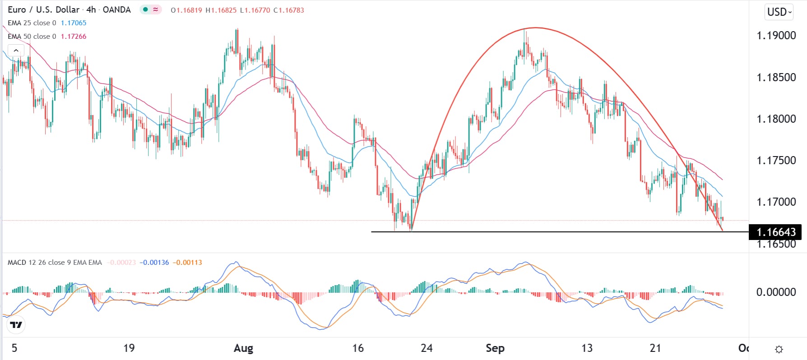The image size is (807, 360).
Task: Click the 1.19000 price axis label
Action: pos(776,36)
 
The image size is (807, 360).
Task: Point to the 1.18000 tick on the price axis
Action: pos(776,119)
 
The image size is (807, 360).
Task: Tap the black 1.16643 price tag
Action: pos(775,232)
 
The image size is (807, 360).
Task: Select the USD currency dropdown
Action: pos(779,12)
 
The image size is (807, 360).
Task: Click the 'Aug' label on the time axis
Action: pos(243,348)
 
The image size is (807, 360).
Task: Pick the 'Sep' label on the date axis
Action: pos(495,348)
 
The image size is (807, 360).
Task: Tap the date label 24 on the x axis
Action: pos(427,348)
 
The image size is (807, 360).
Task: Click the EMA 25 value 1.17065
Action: pos(74,23)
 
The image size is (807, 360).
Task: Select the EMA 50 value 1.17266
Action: pos(74,37)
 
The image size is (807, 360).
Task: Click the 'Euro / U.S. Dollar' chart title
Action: pos(43,10)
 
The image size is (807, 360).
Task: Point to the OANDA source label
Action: pos(116,10)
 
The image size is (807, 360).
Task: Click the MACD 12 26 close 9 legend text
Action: pos(55,263)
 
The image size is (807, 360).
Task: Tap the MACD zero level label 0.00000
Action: pos(776,292)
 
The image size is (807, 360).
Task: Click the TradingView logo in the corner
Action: pos(16,324)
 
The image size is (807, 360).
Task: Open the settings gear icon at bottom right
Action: pos(779,349)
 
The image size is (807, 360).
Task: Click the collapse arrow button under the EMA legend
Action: pos(16,51)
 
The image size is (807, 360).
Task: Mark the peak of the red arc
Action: pos(535,28)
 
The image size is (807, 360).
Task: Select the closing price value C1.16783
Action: pos(288,10)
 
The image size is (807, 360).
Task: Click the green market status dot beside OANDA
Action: pos(145,9)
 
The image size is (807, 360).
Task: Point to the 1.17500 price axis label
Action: pos(776,161)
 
